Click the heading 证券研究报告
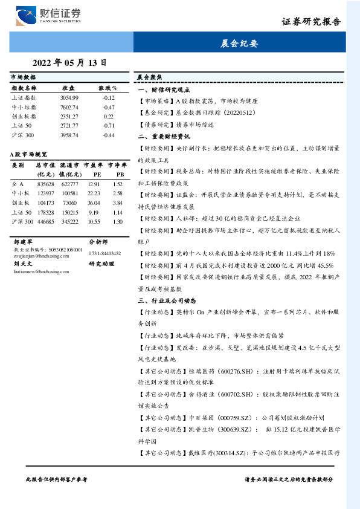(x=310, y=22)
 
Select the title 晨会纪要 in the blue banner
(x=239, y=44)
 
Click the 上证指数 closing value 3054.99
(x=69, y=97)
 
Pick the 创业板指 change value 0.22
(x=109, y=116)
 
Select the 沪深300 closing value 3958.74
(x=69, y=135)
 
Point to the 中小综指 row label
(x=24, y=107)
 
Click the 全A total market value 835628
(x=46, y=184)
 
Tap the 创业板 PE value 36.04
(x=93, y=203)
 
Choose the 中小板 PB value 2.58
(x=117, y=193)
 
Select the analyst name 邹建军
(x=22, y=241)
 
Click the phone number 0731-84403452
(x=104, y=253)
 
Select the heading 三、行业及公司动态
(x=167, y=300)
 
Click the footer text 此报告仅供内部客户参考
(x=57, y=478)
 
